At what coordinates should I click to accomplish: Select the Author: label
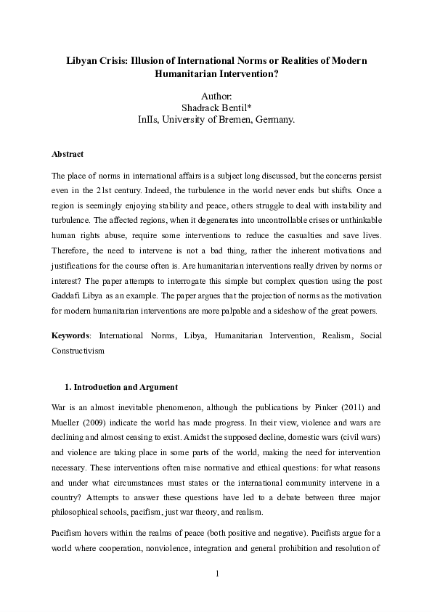pos(216,95)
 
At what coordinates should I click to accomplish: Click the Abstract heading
pos(68,155)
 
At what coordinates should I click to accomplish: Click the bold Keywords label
pos(70,335)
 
